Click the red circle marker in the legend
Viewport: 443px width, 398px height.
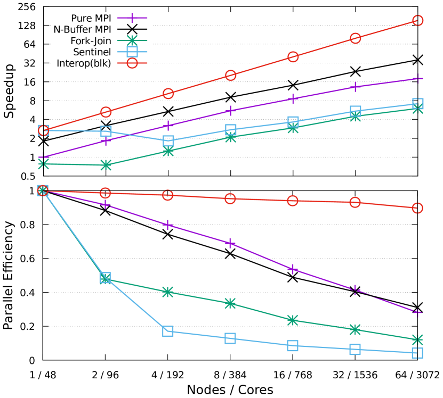[132, 63]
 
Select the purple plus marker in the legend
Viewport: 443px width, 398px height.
[132, 18]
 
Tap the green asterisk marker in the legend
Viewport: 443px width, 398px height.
[132, 40]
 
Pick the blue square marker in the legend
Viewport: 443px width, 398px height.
[132, 52]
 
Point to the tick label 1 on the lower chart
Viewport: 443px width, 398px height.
[31, 191]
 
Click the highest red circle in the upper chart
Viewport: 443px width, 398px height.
[417, 21]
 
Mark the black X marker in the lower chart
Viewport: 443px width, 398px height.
[106, 211]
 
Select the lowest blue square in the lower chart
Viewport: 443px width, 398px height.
[417, 352]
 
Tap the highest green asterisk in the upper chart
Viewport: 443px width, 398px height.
[417, 108]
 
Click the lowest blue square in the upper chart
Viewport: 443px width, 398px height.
[168, 140]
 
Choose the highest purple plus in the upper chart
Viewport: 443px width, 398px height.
[417, 79]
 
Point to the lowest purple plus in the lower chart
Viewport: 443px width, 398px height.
[417, 312]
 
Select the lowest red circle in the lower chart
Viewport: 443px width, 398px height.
[417, 208]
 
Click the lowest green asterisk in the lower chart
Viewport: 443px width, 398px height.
[417, 339]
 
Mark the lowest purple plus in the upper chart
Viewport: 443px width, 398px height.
[44, 157]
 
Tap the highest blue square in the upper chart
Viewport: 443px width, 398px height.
[417, 103]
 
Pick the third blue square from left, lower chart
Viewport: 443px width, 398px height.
[168, 331]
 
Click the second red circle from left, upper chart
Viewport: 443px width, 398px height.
[106, 112]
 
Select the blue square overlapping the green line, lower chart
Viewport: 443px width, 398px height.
[106, 277]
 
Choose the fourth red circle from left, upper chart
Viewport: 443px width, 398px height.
[230, 75]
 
